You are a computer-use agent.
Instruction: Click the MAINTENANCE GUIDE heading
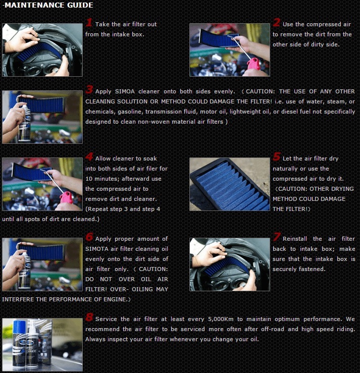coord(47,5)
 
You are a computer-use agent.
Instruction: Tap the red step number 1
coord(89,23)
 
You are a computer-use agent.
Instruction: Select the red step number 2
coord(276,23)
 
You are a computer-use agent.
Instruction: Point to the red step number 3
coord(89,90)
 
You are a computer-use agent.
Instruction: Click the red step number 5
coord(277,157)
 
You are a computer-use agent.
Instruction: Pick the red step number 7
coord(277,237)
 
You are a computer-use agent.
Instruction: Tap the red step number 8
coord(89,317)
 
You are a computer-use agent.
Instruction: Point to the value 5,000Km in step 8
coord(221,319)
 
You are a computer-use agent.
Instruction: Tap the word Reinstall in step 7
coord(295,239)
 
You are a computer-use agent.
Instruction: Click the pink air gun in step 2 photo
coord(253,64)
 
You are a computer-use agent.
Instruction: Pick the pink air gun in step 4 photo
coord(66,198)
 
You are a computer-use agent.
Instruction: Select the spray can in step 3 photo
coord(24,123)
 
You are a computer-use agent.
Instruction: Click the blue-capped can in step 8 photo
coord(19,343)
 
